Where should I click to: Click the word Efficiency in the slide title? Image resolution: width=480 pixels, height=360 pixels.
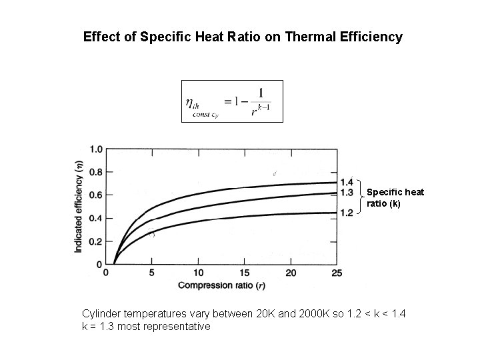(372, 37)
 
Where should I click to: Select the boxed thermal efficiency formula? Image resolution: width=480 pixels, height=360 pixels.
(232, 101)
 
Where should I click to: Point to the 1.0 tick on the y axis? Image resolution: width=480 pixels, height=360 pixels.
(96, 149)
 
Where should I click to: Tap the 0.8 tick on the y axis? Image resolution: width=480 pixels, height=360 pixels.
(96, 172)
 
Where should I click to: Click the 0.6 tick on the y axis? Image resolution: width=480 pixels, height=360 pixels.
(96, 195)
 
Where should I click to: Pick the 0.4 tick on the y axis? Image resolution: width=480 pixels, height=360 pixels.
(96, 218)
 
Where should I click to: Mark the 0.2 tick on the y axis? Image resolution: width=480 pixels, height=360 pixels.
(96, 241)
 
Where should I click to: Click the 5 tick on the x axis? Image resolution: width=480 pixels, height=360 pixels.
(152, 272)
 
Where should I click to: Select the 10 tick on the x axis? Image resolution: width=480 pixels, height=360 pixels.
(198, 272)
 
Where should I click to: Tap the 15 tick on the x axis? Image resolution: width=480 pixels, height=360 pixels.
(245, 272)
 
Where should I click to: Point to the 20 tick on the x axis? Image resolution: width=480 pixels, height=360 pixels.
(291, 272)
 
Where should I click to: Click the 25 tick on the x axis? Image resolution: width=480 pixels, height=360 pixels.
(337, 272)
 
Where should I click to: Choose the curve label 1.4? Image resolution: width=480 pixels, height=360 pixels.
(347, 183)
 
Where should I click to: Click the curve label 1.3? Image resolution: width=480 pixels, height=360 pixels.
(347, 193)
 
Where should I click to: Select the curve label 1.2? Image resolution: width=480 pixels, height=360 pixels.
(347, 213)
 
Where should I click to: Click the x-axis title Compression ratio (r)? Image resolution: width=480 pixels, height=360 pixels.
(222, 285)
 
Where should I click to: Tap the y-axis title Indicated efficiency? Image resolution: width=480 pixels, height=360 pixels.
(79, 207)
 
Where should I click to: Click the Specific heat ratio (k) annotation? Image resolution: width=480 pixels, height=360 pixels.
(395, 198)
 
